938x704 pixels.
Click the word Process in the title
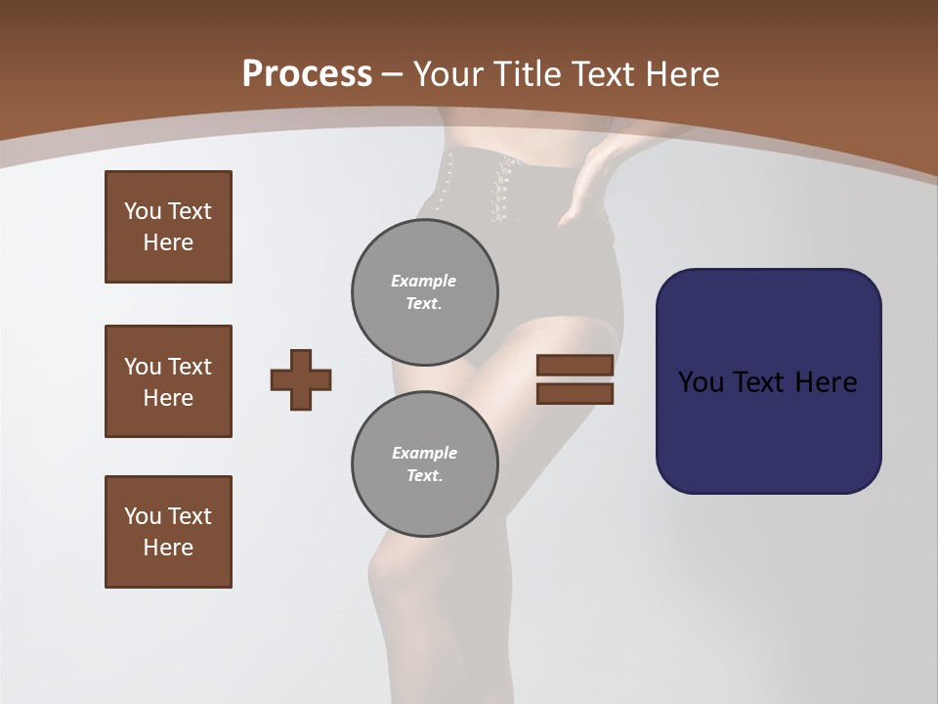[307, 73]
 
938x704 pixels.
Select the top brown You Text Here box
[168, 227]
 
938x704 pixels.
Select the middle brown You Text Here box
[168, 381]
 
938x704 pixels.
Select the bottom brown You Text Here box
[168, 532]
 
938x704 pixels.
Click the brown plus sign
[301, 379]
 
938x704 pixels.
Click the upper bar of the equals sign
[575, 365]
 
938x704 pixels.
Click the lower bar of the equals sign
[575, 394]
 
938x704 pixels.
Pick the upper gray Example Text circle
[425, 292]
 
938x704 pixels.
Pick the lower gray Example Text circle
[425, 464]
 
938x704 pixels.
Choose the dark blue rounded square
[768, 381]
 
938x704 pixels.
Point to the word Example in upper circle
[424, 281]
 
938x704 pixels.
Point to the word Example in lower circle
[424, 453]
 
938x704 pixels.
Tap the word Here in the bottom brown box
[168, 548]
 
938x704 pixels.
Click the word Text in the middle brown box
[190, 367]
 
